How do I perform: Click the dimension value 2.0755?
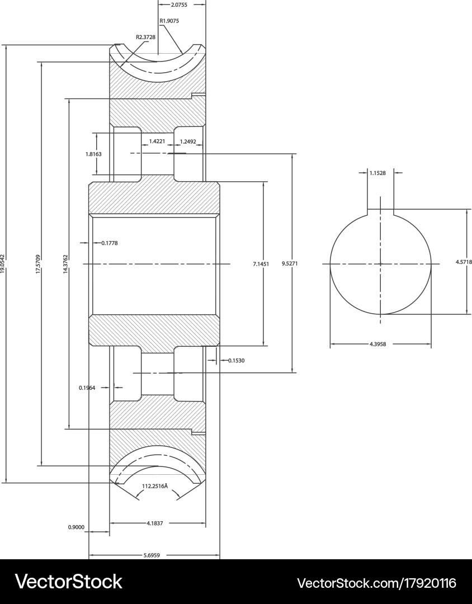coord(179,4)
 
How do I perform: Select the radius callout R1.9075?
coord(169,21)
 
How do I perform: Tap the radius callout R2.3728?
coord(146,37)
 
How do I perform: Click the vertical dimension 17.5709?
coord(38,263)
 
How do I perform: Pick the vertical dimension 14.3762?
coord(65,263)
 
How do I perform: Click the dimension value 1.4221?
coord(157,141)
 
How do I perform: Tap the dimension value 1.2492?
coord(188,141)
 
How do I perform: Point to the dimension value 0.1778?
coord(110,243)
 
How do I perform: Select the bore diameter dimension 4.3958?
coord(378,344)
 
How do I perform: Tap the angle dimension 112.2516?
coord(155,486)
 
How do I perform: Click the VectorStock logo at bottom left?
coord(68,582)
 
